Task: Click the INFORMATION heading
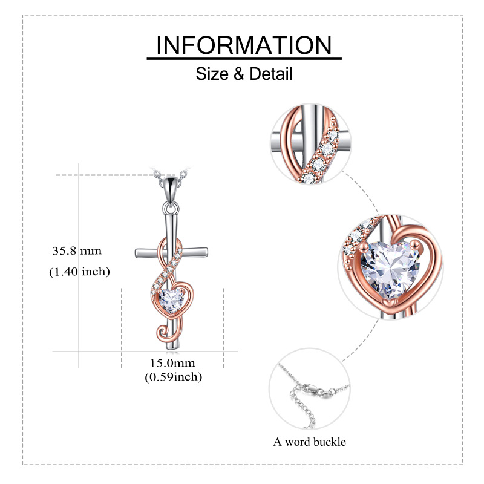click(244, 45)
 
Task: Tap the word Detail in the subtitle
click(270, 74)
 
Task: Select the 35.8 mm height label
click(77, 250)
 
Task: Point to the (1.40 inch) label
click(79, 272)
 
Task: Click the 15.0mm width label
click(172, 363)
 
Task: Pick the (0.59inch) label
click(174, 377)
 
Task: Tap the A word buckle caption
click(309, 442)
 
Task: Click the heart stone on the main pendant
click(171, 300)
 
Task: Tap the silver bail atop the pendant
click(171, 187)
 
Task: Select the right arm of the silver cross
click(194, 252)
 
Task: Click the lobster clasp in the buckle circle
click(312, 390)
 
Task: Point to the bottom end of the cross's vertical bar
click(172, 349)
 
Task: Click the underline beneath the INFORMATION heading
click(244, 58)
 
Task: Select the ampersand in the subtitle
click(239, 74)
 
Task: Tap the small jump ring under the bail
click(171, 208)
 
